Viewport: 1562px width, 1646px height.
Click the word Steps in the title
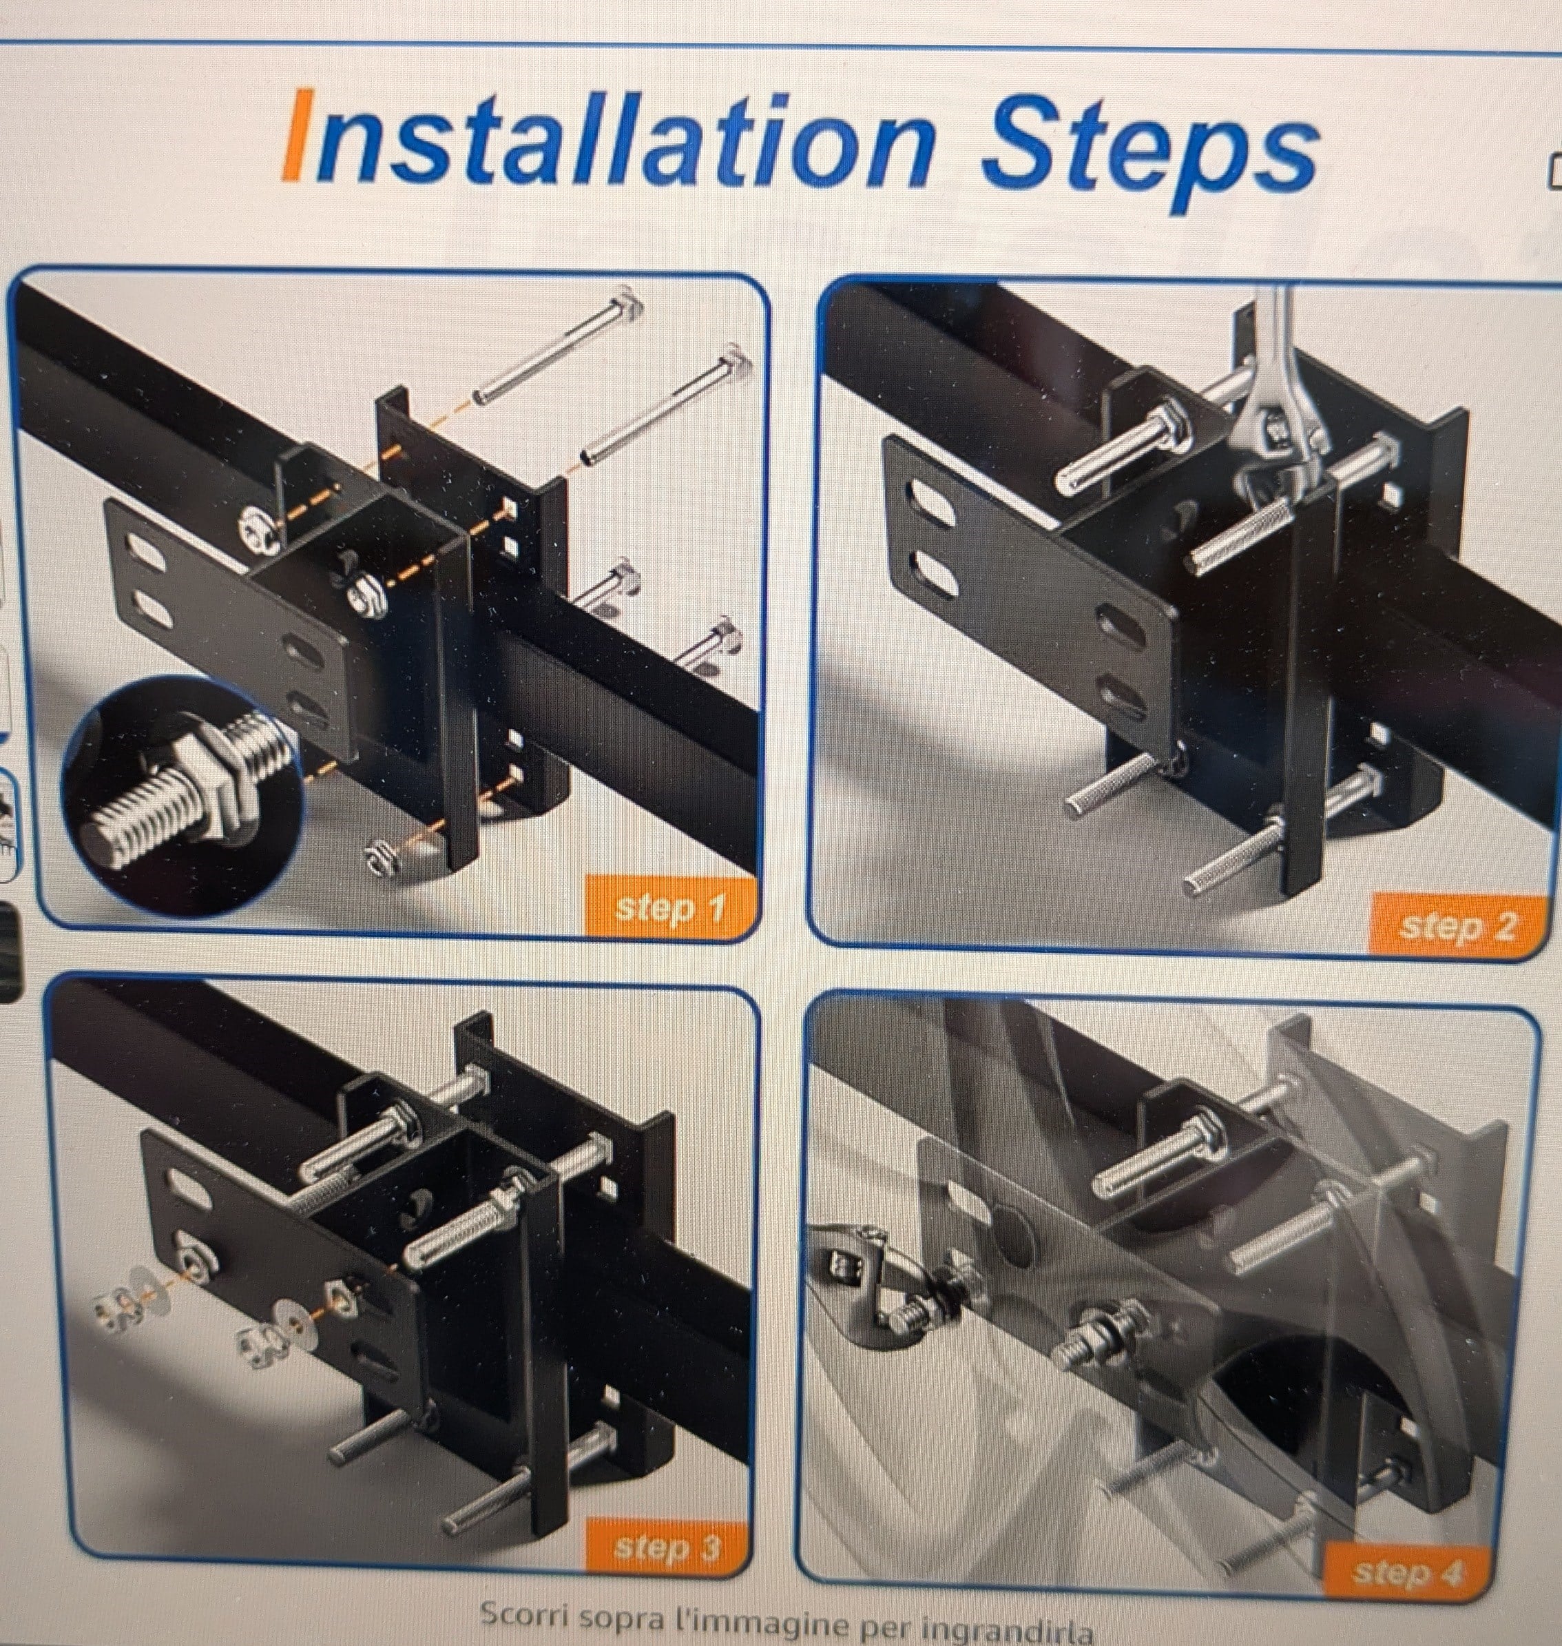tap(1149, 154)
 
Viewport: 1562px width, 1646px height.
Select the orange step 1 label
tap(670, 907)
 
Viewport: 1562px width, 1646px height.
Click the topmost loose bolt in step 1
tap(559, 345)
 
